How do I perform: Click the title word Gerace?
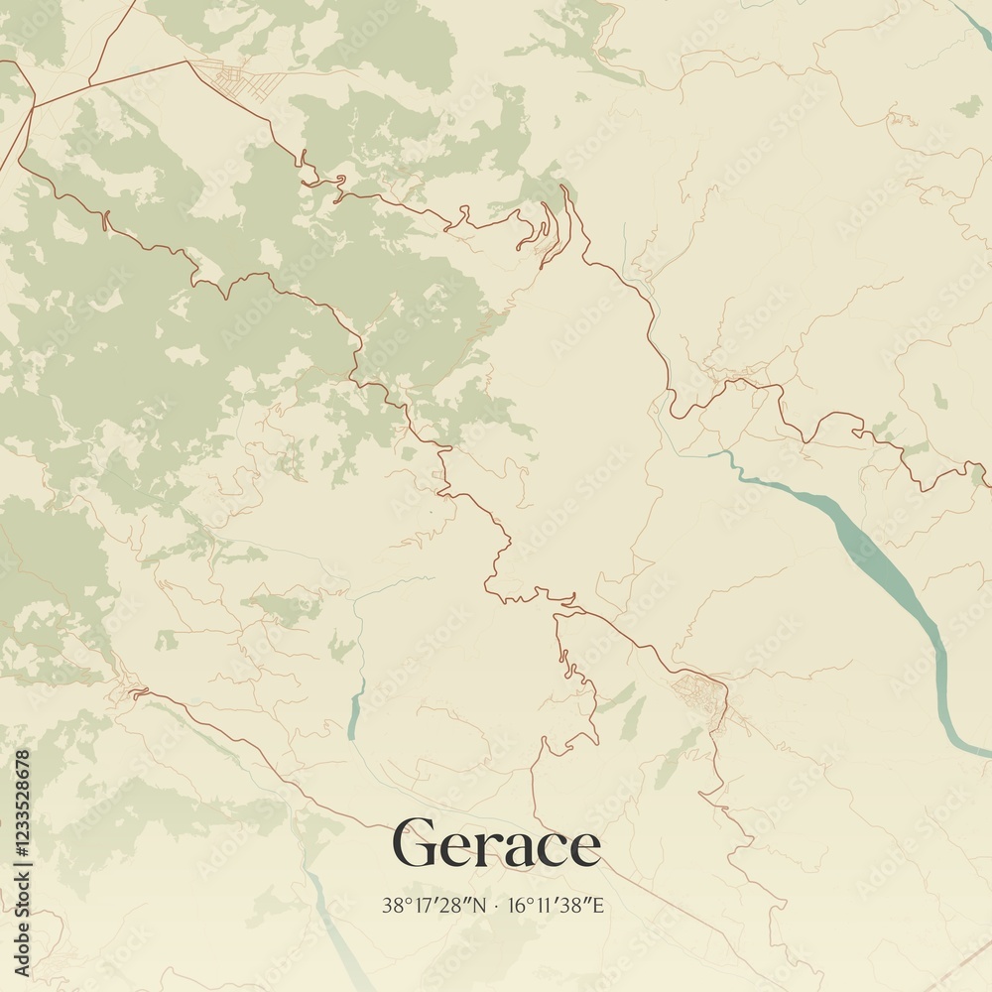tap(497, 844)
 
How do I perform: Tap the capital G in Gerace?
tap(415, 844)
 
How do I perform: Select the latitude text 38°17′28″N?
tap(434, 905)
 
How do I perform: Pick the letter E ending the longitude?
tap(598, 905)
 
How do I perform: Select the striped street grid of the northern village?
tap(238, 77)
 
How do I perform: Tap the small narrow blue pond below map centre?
tap(355, 710)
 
